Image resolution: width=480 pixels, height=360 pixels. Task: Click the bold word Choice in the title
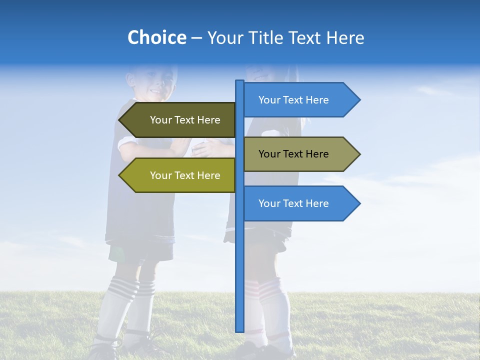click(156, 37)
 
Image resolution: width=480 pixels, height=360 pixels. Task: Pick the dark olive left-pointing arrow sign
click(177, 120)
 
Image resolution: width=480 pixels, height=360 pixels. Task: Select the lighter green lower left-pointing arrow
click(177, 175)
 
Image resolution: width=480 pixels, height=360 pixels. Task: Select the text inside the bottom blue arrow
click(293, 203)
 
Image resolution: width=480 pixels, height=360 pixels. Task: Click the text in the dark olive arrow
click(185, 120)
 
